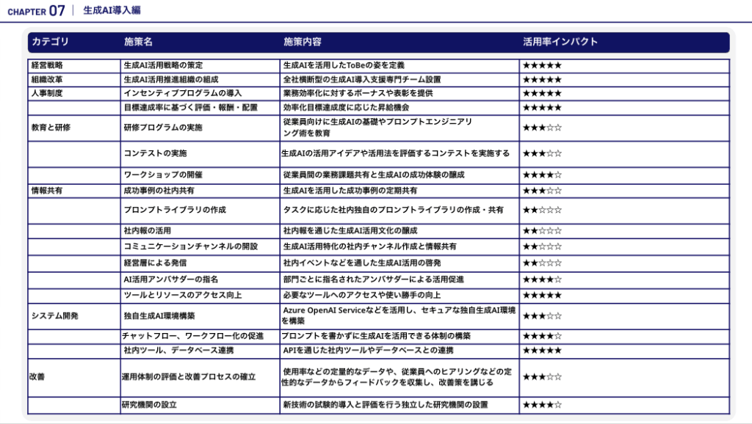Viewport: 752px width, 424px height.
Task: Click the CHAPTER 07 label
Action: click(x=37, y=10)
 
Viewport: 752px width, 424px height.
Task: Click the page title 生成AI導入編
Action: click(x=112, y=10)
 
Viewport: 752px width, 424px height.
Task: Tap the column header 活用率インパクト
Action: click(x=560, y=42)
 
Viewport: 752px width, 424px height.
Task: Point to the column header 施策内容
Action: click(x=303, y=42)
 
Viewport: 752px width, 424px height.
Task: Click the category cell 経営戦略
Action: click(x=47, y=65)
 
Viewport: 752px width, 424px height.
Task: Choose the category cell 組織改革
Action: click(x=47, y=79)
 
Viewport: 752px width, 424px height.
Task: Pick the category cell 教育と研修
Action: click(x=51, y=127)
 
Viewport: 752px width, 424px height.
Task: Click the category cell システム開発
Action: click(x=54, y=315)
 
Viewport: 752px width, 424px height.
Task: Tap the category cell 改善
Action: click(x=37, y=376)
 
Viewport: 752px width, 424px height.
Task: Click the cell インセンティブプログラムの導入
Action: click(x=183, y=93)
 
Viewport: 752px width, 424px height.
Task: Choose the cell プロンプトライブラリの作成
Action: click(x=175, y=210)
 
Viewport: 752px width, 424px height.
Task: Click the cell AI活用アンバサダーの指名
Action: click(x=171, y=279)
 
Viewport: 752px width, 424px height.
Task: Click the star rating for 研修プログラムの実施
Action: click(x=542, y=128)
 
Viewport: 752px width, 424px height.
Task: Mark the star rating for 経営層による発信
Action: click(x=542, y=263)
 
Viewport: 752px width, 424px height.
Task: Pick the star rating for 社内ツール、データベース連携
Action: click(x=542, y=350)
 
